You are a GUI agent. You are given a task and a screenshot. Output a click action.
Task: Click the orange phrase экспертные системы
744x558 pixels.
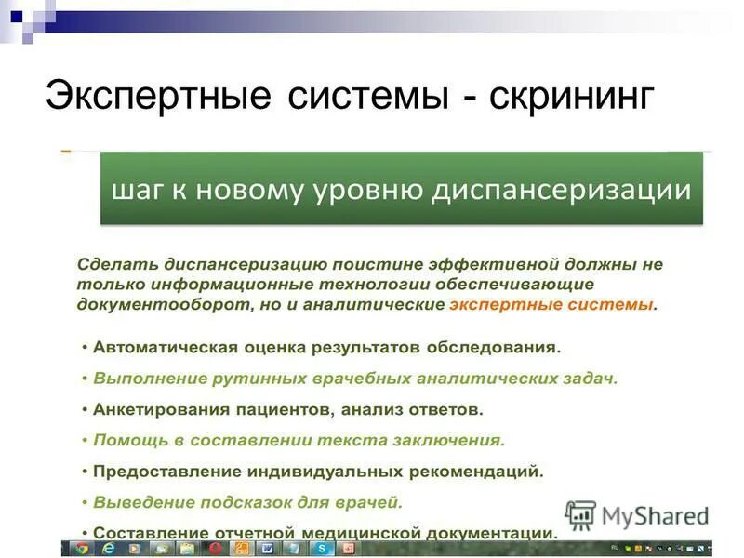click(551, 304)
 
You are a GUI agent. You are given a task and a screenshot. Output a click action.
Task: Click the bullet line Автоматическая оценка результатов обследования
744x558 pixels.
click(325, 348)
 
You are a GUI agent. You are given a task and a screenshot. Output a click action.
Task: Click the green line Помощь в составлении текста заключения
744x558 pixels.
click(298, 439)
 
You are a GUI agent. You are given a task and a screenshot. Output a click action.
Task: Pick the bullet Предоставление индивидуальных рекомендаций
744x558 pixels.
click(316, 471)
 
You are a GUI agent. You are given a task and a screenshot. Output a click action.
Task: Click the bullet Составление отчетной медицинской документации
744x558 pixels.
click(324, 533)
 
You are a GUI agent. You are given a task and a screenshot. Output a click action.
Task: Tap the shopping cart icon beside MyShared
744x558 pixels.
click(581, 515)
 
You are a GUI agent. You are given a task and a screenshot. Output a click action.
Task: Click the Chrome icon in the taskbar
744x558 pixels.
click(82, 550)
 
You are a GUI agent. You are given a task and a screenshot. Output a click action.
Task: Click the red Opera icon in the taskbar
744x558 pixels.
click(216, 550)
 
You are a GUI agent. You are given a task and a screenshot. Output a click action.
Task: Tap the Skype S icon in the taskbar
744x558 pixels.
click(322, 550)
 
